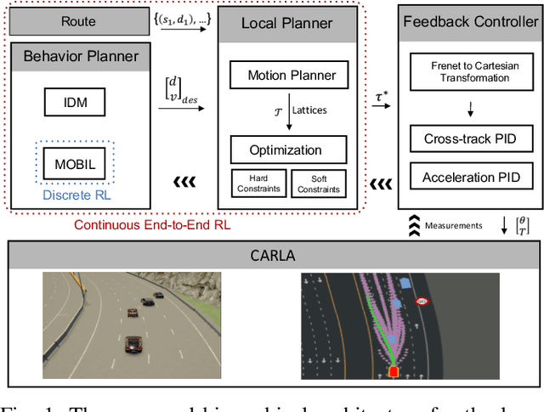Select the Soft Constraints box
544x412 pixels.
318,184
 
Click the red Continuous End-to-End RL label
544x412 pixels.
151,224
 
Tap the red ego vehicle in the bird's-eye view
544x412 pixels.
393,371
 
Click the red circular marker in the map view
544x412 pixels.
422,301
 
